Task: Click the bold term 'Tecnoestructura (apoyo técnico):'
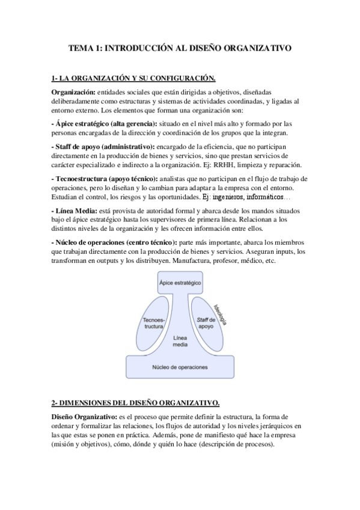click(x=105, y=179)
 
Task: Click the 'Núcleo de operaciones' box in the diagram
click(x=180, y=366)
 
